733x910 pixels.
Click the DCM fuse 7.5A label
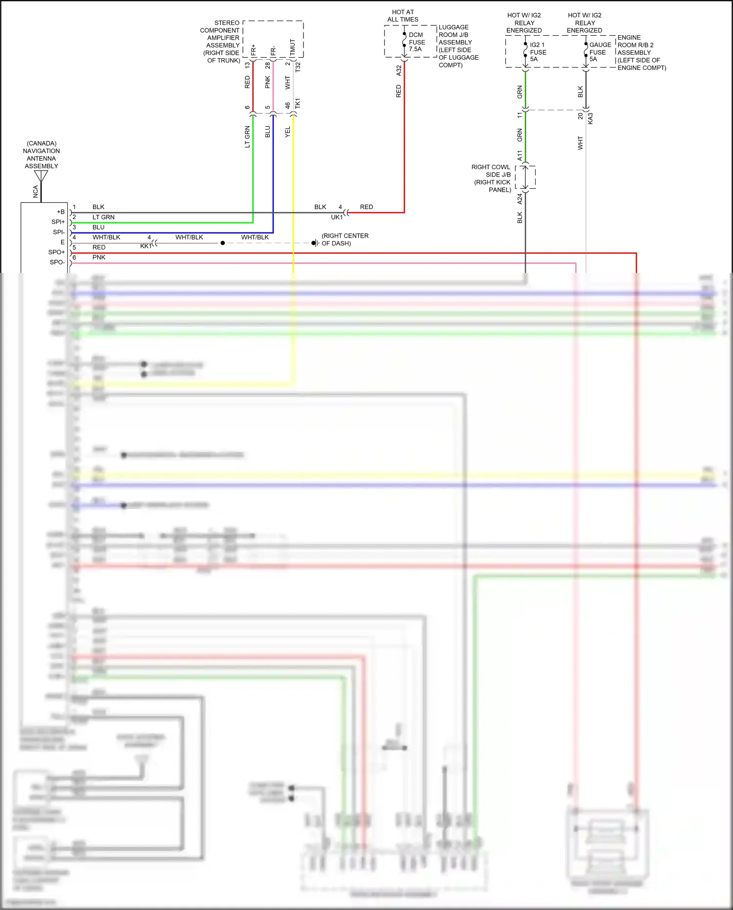tap(416, 42)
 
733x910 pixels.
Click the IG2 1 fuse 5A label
tap(538, 52)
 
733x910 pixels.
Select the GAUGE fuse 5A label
tap(600, 52)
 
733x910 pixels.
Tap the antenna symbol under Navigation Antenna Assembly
tap(41, 176)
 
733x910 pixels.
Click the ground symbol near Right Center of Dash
tap(316, 243)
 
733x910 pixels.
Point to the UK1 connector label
tap(337, 217)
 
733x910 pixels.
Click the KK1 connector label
tap(146, 246)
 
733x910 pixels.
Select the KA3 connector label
tap(590, 118)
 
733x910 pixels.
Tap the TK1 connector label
tap(298, 104)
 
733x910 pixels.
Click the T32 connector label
tap(298, 67)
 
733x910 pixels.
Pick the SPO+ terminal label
tap(57, 252)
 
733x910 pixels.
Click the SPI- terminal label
tap(59, 232)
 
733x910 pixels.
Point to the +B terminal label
tap(61, 212)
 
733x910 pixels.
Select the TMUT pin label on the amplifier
tap(293, 47)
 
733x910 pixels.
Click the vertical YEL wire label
tap(288, 132)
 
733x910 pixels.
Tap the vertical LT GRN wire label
tap(247, 137)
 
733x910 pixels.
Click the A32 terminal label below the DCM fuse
tap(399, 70)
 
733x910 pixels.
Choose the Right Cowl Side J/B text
tap(492, 178)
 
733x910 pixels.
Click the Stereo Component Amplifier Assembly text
tap(221, 42)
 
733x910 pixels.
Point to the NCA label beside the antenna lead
tap(35, 192)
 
